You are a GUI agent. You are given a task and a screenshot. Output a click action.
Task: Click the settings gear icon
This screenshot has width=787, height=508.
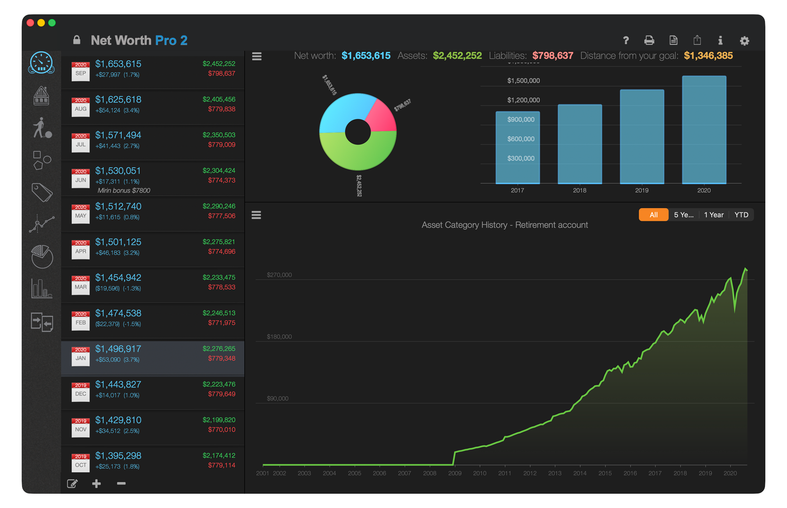744,40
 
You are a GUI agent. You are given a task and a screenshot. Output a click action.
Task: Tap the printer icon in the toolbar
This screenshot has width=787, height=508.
649,40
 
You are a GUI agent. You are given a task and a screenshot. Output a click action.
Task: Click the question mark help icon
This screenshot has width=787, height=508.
626,40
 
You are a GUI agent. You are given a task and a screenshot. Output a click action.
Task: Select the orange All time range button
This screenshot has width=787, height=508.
653,215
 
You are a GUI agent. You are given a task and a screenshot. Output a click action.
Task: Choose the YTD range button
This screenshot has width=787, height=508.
741,215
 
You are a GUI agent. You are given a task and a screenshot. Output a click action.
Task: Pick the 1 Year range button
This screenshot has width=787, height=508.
713,215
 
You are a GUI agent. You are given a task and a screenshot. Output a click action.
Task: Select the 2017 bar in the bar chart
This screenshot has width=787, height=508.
517,148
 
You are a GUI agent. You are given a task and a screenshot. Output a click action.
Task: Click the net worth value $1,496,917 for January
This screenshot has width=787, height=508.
118,349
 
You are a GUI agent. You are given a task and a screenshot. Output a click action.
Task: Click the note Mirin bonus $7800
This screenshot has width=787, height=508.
124,191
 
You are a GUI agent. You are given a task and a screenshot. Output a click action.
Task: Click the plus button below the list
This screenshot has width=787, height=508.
96,484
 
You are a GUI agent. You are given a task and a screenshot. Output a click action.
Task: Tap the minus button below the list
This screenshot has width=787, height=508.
121,484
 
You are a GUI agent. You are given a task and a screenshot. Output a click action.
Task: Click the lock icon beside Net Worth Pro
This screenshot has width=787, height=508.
76,40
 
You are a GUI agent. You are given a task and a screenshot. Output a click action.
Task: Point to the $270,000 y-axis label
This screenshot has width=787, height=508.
279,275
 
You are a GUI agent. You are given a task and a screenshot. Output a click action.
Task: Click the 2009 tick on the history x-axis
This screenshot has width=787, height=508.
454,473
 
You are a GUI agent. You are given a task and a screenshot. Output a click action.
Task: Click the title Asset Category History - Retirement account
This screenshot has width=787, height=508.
504,225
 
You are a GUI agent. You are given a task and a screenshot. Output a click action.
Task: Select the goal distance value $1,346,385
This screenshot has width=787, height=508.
708,55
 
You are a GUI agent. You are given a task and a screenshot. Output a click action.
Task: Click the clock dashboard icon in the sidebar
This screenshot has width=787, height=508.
41,63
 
